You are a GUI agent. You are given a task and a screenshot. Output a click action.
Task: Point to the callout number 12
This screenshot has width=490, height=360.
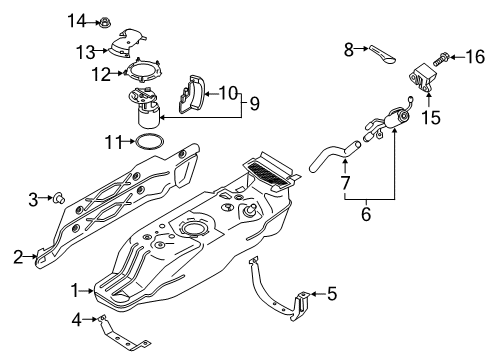click(x=100, y=73)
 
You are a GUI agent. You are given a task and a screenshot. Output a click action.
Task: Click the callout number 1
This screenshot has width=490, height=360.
click(x=73, y=290)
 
